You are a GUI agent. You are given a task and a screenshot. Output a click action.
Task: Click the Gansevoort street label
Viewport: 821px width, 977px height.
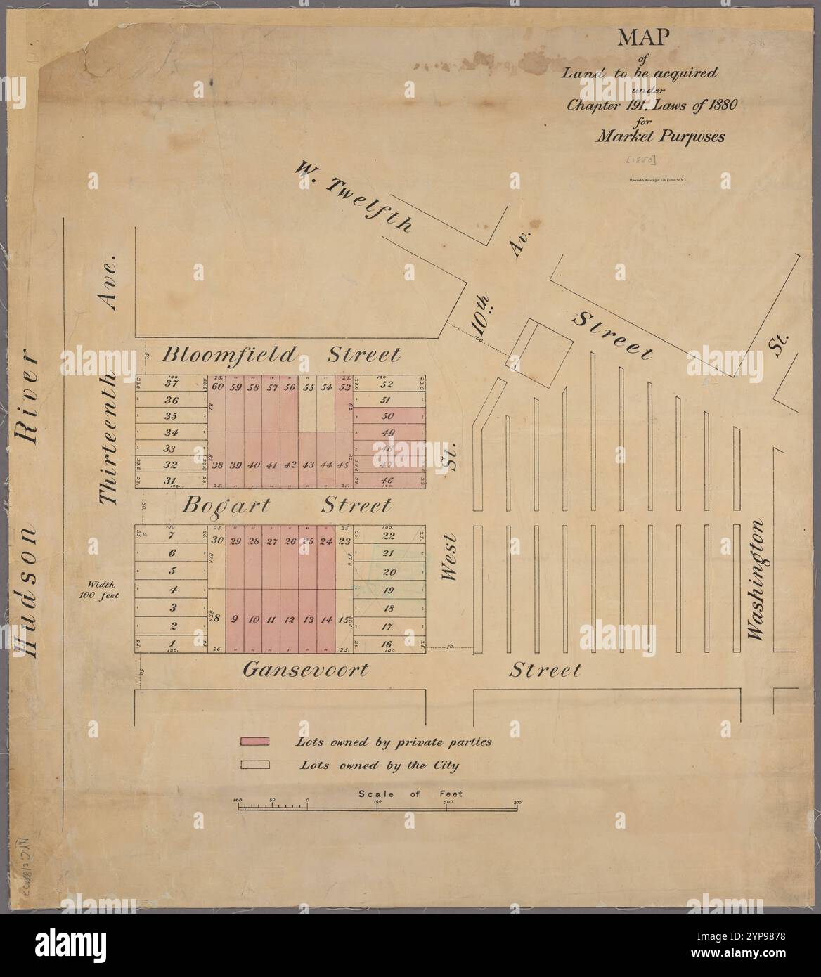point(305,670)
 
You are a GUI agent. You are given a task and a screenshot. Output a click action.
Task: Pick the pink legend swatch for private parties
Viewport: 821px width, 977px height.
point(254,742)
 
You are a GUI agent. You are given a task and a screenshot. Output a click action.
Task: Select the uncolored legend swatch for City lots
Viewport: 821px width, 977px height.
point(254,765)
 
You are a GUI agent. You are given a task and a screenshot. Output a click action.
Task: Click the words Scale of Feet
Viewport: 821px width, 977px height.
point(410,794)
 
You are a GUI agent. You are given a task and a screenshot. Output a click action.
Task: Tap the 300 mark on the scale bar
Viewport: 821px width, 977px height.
point(517,801)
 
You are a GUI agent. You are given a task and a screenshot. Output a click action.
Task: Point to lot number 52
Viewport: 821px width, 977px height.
point(387,384)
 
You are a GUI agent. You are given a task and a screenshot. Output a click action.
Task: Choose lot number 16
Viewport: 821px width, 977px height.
point(387,644)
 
